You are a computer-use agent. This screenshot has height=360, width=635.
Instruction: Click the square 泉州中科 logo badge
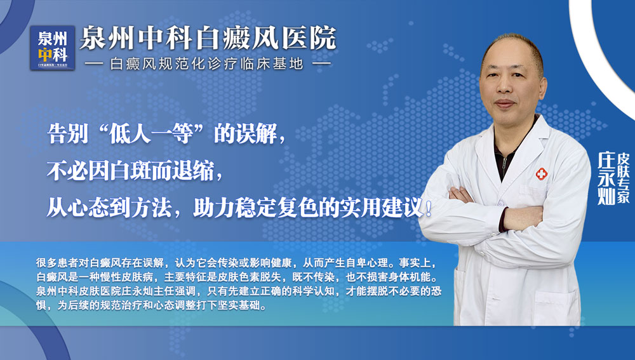tap(53, 48)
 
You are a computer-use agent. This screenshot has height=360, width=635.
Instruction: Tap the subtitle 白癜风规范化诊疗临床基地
tap(208, 64)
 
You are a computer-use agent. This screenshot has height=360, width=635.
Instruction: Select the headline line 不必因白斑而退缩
tap(135, 170)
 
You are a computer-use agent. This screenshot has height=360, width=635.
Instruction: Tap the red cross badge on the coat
tap(541, 173)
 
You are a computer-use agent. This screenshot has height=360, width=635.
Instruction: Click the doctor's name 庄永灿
tap(606, 178)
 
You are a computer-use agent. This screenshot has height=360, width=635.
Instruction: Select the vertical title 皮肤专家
tap(624, 177)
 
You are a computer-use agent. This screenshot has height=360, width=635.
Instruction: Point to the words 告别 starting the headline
tap(65, 134)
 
